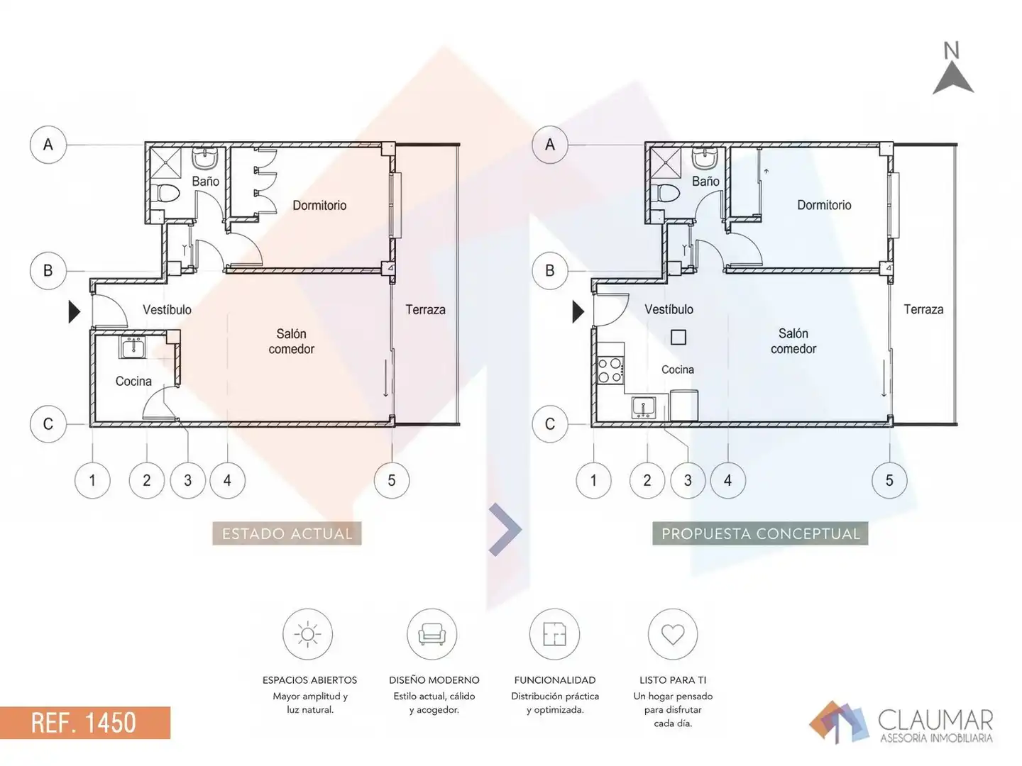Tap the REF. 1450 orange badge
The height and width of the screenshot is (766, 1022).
84,722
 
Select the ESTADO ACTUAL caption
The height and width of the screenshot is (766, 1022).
287,533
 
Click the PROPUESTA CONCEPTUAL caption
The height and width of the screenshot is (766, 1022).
760,533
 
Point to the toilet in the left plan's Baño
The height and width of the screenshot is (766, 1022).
166,193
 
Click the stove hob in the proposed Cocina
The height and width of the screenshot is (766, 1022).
610,370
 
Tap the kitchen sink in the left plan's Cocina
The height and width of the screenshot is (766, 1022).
133,348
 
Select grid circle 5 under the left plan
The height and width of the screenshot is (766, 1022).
392,480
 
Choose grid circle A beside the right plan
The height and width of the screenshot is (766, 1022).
550,145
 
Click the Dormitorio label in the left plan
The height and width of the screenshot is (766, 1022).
319,205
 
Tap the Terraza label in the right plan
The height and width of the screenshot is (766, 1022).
924,309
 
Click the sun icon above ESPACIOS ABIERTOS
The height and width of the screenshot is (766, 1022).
307,634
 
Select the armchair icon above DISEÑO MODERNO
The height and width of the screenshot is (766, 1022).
432,635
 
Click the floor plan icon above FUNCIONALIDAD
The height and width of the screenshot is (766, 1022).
554,634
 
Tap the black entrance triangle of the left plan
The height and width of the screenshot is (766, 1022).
74,311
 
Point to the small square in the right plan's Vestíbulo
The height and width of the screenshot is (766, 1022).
678,337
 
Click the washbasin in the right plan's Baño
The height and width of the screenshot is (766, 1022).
705,159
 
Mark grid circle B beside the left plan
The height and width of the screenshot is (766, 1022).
48,271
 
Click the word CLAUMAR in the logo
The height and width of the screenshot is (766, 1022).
936,721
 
